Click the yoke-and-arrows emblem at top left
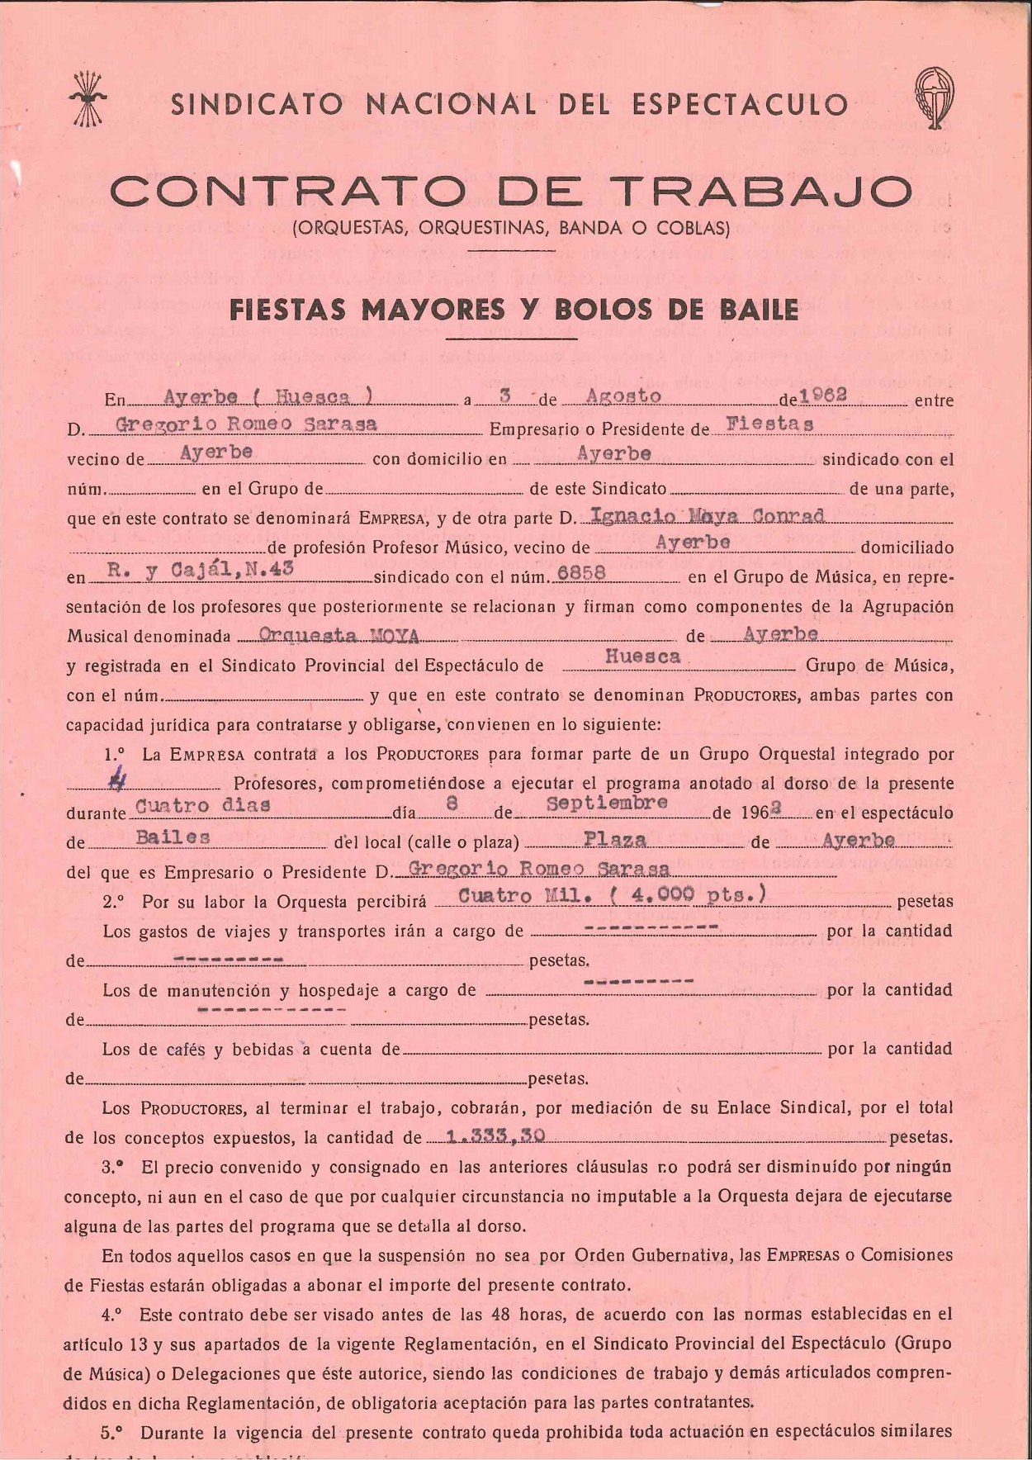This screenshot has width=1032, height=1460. [88, 99]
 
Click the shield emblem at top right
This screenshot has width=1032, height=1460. [934, 97]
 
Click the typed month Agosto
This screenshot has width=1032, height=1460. [623, 396]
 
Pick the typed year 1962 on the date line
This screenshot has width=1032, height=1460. [823, 395]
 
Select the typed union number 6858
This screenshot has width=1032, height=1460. [582, 572]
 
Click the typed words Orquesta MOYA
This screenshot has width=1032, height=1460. [339, 634]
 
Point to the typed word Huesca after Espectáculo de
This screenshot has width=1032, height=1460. [643, 657]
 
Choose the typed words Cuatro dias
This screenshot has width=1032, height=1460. [203, 805]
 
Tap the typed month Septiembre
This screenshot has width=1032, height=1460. [607, 803]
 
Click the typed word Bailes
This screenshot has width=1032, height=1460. [173, 837]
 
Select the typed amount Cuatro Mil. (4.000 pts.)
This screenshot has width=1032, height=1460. [612, 895]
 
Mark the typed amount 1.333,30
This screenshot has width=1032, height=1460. [495, 1135]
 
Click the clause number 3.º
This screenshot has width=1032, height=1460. [113, 1167]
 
